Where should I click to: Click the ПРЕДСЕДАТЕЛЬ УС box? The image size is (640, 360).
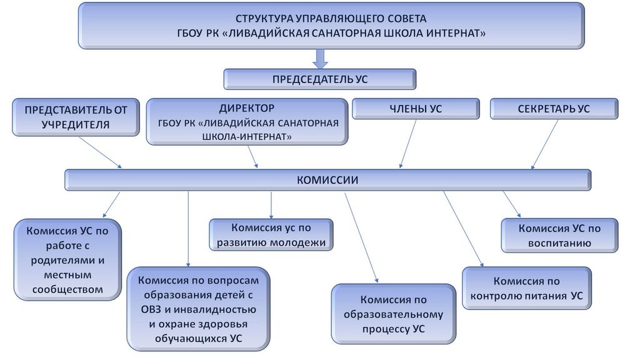click(319, 79)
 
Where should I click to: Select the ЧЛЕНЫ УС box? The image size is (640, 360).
click(416, 109)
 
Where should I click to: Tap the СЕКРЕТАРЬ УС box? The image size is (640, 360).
click(553, 109)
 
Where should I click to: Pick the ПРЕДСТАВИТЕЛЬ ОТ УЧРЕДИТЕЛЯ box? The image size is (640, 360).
click(76, 117)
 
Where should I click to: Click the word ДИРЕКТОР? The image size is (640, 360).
click(247, 108)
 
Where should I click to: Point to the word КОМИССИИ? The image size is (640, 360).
click(327, 180)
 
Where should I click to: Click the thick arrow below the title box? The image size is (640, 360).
click(320, 58)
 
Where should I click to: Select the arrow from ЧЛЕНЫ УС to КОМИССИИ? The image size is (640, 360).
click(408, 144)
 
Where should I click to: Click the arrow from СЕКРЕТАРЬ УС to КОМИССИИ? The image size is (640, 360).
click(544, 144)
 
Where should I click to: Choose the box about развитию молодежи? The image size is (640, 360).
click(271, 235)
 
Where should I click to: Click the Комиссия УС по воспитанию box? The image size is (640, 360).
click(559, 236)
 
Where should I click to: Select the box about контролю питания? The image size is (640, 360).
click(526, 288)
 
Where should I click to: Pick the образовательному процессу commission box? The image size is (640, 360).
click(393, 314)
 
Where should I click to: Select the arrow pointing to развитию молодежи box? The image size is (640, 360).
click(271, 204)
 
